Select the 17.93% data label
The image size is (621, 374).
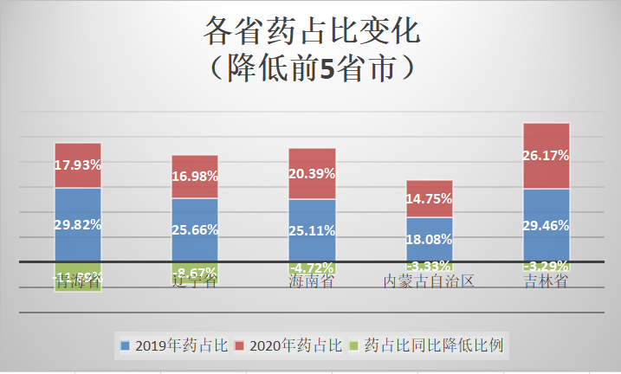click(78, 164)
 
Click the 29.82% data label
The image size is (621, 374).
click(78, 223)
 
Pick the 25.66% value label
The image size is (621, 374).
click(195, 230)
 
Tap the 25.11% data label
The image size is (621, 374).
click(312, 230)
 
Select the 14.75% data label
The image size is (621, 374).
click(430, 198)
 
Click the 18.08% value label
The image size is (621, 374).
click(430, 238)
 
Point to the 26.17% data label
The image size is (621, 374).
click(547, 156)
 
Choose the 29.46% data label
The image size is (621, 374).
click(547, 225)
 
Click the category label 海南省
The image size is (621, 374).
click(312, 282)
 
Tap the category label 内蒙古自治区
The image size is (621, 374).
click(430, 282)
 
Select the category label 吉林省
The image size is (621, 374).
click(547, 282)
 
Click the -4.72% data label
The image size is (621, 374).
click(312, 268)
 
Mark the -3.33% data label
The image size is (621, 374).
click(430, 265)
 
